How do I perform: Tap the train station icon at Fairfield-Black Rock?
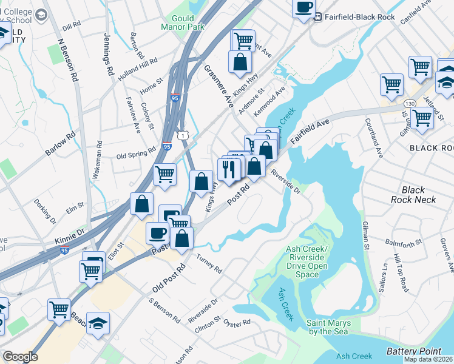[317, 17]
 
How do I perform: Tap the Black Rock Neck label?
[413, 195]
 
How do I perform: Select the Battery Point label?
[413, 351]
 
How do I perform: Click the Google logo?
[20, 357]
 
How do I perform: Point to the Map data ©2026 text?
[427, 359]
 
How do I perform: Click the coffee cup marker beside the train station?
[303, 8]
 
